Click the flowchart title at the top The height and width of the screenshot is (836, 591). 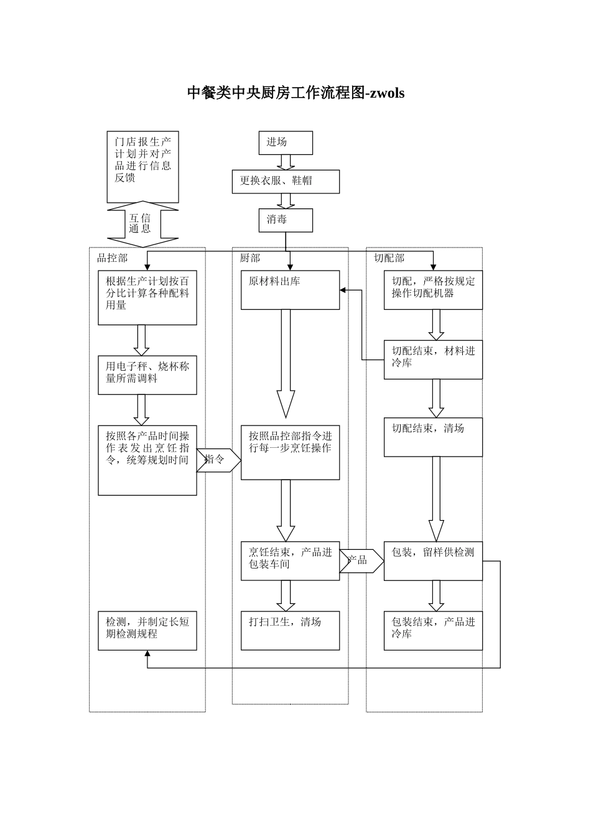click(295, 93)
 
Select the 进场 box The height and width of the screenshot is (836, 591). click(286, 142)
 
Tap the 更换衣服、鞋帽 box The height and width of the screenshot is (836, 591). click(286, 181)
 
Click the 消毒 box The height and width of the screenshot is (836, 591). click(286, 220)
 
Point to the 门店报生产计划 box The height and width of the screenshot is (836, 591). click(142, 167)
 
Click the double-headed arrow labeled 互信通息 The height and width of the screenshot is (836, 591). click(142, 223)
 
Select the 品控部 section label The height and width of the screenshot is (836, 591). click(112, 258)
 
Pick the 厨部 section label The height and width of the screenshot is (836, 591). click(249, 258)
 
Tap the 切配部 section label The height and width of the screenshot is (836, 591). click(388, 258)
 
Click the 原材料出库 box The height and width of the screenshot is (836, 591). click(290, 289)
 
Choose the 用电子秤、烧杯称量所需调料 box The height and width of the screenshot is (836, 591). click(147, 374)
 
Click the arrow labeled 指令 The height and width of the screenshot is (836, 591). click(217, 460)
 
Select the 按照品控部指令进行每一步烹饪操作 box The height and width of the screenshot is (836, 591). click(290, 452)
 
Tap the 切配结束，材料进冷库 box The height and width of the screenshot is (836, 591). click(433, 359)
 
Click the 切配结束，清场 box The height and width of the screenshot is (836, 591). click(433, 437)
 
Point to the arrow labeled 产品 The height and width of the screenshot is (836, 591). click(361, 560)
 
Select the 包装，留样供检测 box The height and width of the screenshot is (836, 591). click(433, 560)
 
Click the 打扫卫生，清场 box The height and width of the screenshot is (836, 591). click(290, 630)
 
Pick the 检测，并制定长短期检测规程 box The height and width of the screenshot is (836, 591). click(147, 630)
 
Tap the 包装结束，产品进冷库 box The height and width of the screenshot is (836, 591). click(433, 630)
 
